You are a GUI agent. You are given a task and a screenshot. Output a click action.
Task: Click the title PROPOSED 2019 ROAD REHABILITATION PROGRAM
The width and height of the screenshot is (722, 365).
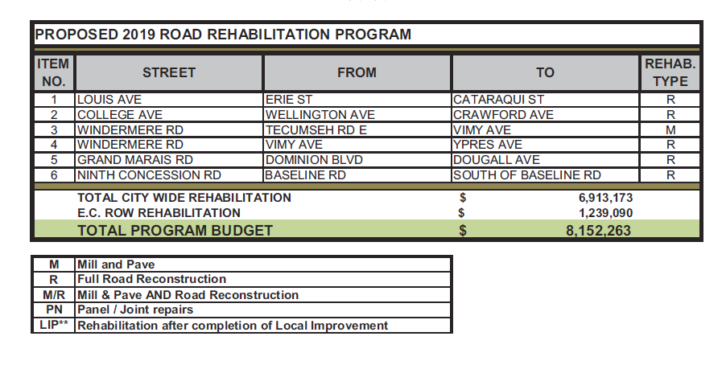pyautogui.click(x=223, y=35)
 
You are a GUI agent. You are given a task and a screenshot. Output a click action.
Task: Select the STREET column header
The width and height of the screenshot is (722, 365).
pyautogui.click(x=169, y=72)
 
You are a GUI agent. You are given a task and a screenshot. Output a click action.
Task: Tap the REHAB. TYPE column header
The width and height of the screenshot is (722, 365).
pyautogui.click(x=670, y=72)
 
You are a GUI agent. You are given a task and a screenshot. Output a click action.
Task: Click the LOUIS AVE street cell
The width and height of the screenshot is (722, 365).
pyautogui.click(x=109, y=100)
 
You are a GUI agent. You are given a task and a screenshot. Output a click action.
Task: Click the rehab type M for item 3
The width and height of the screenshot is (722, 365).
pyautogui.click(x=670, y=130)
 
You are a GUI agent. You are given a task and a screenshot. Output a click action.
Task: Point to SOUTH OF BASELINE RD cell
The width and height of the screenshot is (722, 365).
pyautogui.click(x=527, y=174)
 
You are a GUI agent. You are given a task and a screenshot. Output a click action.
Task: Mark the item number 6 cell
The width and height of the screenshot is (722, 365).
pyautogui.click(x=55, y=174)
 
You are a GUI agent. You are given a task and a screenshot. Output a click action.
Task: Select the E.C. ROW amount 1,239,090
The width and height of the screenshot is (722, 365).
pyautogui.click(x=605, y=213)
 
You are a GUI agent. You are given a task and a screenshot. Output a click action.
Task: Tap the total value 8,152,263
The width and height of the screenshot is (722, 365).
pyautogui.click(x=599, y=231)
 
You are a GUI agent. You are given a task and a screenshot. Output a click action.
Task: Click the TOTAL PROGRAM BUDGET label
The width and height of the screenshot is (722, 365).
pyautogui.click(x=175, y=231)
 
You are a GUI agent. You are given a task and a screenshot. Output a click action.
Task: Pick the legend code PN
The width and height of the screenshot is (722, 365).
pyautogui.click(x=55, y=310)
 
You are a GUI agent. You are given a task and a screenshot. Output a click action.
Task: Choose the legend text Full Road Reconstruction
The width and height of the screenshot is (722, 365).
pyautogui.click(x=151, y=279)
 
